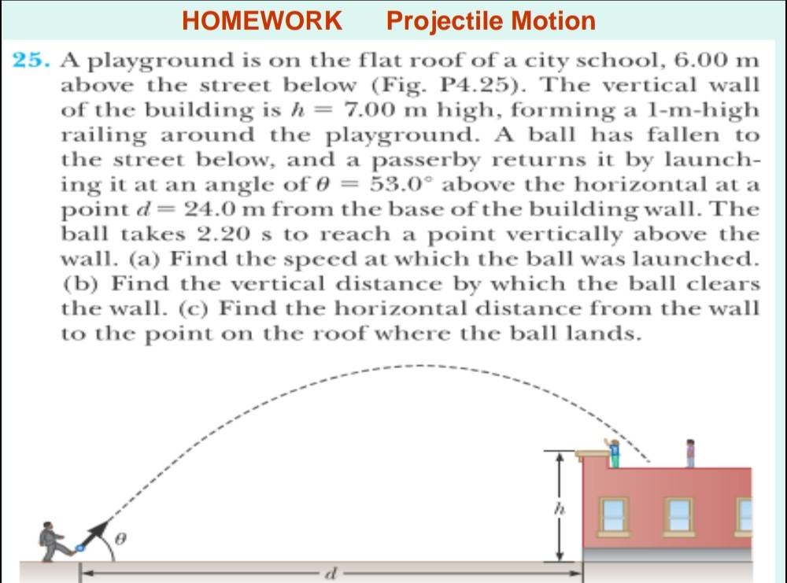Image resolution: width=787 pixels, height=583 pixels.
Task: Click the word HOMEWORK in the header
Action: [x=262, y=20]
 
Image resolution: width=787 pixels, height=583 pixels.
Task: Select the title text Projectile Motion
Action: [x=491, y=20]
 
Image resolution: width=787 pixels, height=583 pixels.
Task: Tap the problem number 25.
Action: [x=33, y=61]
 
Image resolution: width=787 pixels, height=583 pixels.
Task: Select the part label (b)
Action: [x=79, y=283]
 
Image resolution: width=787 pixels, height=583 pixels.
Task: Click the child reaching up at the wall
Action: [x=615, y=448]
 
